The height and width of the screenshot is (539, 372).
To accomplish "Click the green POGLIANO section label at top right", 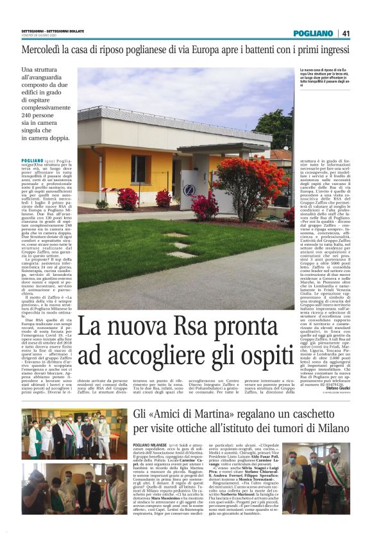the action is pyautogui.click(x=313, y=33).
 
